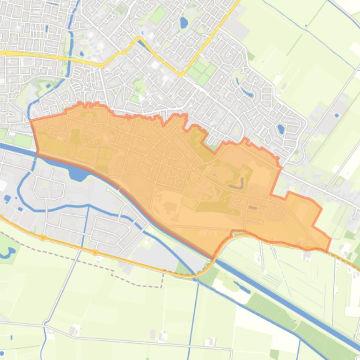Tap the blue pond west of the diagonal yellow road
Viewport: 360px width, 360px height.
tap(184, 22)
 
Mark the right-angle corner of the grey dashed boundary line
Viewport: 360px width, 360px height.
tap(162, 273)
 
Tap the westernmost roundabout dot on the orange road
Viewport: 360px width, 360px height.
tap(43, 238)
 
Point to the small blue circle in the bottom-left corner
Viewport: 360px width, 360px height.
tap(2, 346)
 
